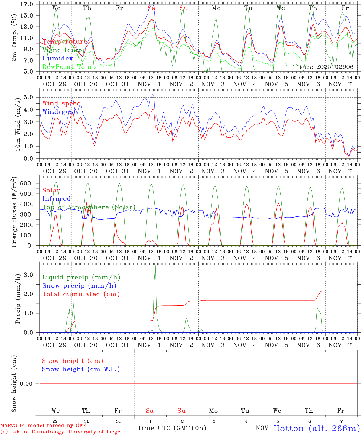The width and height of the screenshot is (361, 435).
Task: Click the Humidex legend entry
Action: coord(57,58)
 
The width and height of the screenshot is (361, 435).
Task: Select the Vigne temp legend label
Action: coord(62,50)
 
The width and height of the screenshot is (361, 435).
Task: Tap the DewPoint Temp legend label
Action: coord(69,67)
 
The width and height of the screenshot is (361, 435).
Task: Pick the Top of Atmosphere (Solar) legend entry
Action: coord(89,207)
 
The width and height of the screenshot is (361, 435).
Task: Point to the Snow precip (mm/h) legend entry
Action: coord(79,286)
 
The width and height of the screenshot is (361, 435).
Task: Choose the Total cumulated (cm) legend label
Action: coord(81,294)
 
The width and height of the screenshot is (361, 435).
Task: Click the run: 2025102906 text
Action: coord(326,67)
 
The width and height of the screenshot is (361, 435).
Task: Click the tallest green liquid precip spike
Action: coord(155,266)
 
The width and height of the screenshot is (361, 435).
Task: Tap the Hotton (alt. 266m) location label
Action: coord(317,428)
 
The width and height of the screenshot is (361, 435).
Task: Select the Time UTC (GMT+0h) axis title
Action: coord(172,428)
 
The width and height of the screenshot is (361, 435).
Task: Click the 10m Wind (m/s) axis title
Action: coord(18,124)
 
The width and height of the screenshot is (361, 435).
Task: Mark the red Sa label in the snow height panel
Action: coord(150,411)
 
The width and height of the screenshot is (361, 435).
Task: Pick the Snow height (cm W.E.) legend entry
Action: coord(81,369)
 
